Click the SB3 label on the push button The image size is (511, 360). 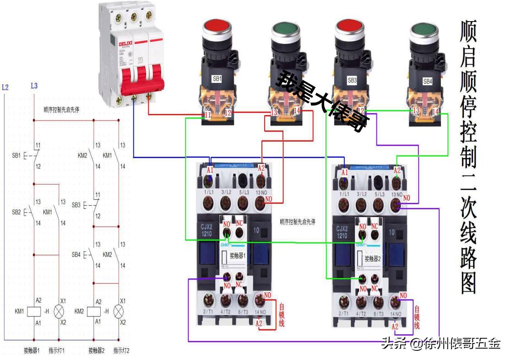pyautogui.click(x=352, y=80)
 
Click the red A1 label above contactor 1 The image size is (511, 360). pyautogui.click(x=210, y=169)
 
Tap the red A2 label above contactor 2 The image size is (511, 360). pyautogui.click(x=397, y=170)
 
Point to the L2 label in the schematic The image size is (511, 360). pyautogui.click(x=5, y=86)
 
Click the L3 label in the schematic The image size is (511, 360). pyautogui.click(x=34, y=86)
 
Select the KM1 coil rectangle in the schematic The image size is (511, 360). pyautogui.click(x=33, y=311)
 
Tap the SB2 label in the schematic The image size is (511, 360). pyautogui.click(x=16, y=213)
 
